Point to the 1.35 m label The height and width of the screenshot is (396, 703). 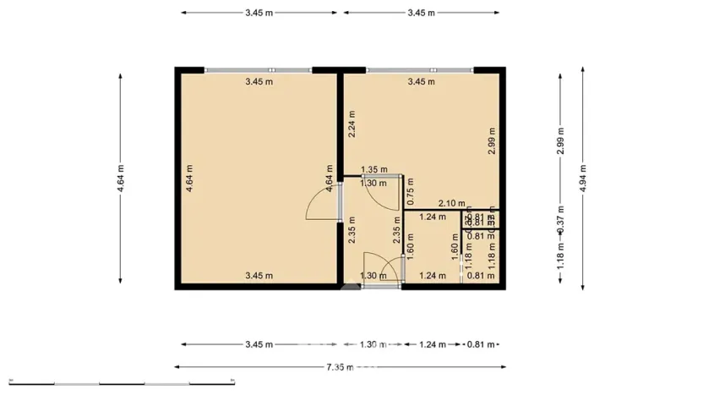(x=373, y=170)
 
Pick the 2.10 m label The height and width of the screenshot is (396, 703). (x=451, y=203)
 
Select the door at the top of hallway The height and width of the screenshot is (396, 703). (x=383, y=192)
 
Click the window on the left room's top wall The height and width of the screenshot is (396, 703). (x=258, y=70)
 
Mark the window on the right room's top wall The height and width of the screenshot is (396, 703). (x=420, y=70)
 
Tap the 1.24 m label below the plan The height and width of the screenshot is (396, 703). (x=432, y=344)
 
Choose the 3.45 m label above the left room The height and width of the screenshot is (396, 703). (x=259, y=13)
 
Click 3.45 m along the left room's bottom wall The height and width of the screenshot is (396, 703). (x=259, y=275)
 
